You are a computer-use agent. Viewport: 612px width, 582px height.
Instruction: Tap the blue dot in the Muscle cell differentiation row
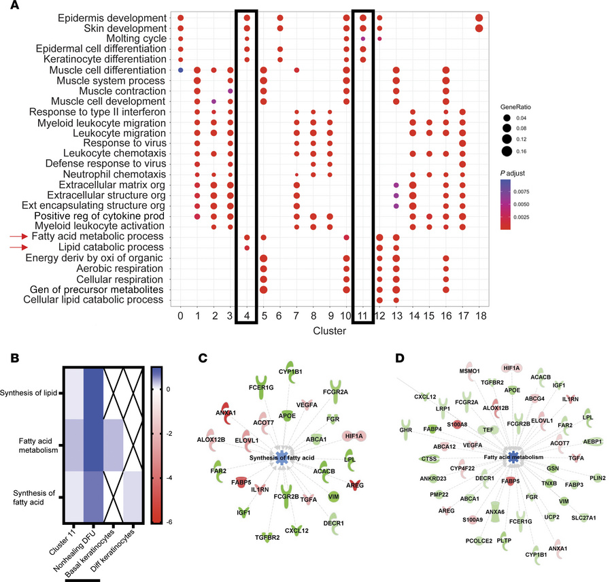pos(180,70)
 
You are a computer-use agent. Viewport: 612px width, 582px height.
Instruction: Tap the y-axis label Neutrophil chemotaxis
pos(114,174)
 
